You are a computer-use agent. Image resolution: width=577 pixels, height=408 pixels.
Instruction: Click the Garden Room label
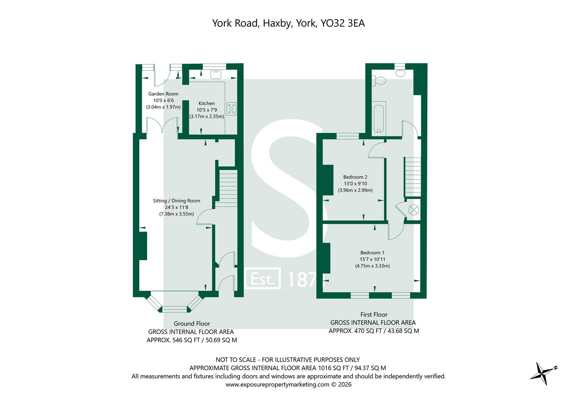coord(163,94)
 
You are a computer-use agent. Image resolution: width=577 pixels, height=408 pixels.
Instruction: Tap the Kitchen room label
coord(207,104)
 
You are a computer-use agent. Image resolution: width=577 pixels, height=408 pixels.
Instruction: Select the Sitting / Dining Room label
coord(176,201)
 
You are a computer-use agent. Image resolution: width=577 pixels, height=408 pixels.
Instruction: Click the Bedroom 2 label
coord(355,177)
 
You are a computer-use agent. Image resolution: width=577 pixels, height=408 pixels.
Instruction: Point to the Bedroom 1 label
coord(372,253)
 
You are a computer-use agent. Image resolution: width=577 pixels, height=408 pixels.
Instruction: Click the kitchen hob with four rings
coord(231,109)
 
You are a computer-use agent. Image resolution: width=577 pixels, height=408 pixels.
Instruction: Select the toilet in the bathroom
coord(379,80)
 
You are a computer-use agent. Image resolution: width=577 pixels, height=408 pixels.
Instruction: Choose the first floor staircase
coord(413,176)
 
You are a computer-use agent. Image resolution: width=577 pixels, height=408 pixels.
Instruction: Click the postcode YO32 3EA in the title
coord(342,23)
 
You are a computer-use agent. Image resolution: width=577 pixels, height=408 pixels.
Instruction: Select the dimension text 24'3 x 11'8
coord(176,207)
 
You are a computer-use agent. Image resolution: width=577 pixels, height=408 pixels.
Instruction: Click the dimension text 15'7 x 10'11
coord(372,259)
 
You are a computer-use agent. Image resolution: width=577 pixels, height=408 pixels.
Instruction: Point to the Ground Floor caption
coord(192,323)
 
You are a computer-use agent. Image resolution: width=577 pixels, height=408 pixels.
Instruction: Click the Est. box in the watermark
coord(263,279)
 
